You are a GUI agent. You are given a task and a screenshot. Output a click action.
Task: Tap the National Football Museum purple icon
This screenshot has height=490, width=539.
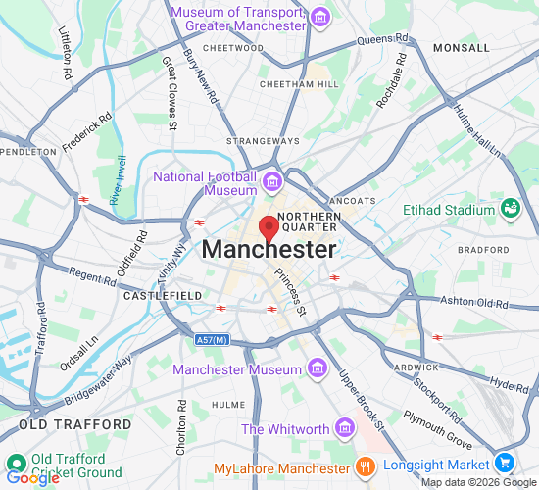click(271, 181)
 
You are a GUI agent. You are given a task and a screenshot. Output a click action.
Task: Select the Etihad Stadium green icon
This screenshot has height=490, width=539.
click(510, 209)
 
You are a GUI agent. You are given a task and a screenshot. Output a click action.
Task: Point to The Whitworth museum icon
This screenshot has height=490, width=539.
click(343, 428)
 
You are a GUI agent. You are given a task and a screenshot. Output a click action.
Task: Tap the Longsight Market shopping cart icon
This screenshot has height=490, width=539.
click(505, 463)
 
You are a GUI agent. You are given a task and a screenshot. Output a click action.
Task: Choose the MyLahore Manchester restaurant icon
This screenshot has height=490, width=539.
click(364, 467)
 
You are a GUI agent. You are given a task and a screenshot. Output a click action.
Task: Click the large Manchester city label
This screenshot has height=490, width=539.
click(269, 250)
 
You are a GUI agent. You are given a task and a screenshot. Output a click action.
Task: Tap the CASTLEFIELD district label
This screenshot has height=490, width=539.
click(163, 295)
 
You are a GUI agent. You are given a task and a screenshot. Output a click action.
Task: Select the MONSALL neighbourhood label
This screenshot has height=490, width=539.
click(461, 47)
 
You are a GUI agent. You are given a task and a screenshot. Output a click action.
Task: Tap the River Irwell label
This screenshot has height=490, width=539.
click(119, 181)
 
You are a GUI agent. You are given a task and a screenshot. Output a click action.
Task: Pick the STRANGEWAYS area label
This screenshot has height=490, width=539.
click(256, 141)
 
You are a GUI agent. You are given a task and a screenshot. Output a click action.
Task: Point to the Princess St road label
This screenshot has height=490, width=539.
click(291, 293)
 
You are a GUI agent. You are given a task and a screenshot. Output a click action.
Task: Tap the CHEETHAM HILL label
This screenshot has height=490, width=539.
click(299, 84)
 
